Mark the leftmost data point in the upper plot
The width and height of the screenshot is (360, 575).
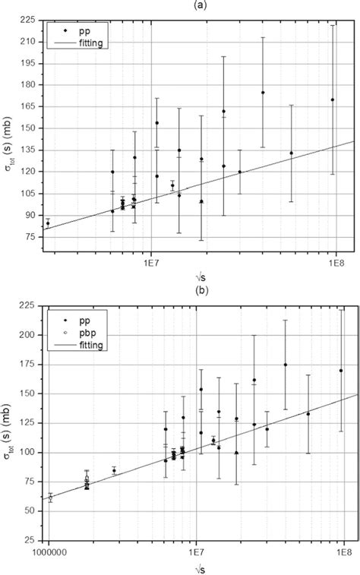[x=48, y=223]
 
